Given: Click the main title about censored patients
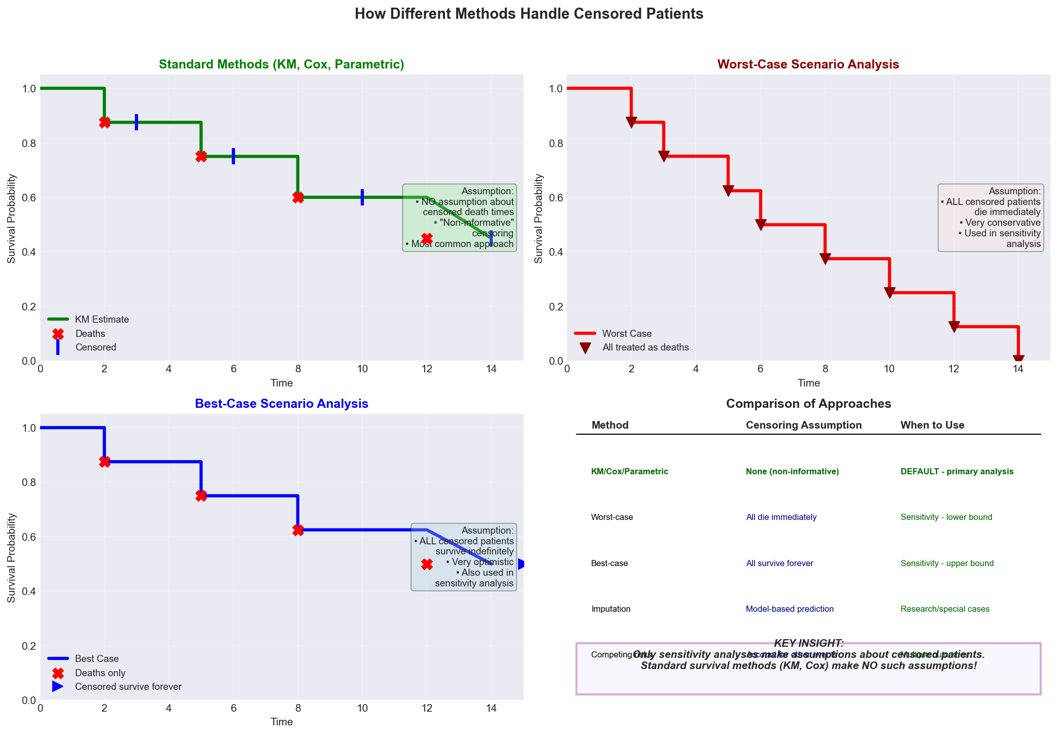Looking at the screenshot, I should (x=529, y=14).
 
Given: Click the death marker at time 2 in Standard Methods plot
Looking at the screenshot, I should (x=105, y=122).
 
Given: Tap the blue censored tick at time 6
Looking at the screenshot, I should (x=233, y=156).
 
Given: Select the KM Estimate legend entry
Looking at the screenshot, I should (x=101, y=320).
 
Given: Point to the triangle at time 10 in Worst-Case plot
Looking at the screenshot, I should (x=890, y=293).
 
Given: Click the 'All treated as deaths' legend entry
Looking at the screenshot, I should (x=645, y=347).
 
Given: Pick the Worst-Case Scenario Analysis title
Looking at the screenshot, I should (x=808, y=64).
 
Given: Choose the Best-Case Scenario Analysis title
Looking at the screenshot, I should (x=282, y=404).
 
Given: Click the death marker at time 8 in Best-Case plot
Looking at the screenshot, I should (x=298, y=530).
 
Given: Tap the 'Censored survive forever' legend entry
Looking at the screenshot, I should (x=128, y=687).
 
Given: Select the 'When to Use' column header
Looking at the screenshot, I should (x=932, y=425).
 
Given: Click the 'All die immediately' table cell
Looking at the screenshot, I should (x=781, y=517).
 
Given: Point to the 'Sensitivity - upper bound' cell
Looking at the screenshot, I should (x=947, y=564).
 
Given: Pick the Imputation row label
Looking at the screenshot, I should (x=611, y=609).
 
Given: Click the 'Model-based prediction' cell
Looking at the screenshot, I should (x=790, y=609).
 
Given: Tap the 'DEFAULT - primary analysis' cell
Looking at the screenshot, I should (x=957, y=472).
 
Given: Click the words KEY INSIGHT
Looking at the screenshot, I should (x=809, y=643).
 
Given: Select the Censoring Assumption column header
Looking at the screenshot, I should (x=804, y=425).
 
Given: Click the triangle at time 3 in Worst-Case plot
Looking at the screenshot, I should (x=664, y=156).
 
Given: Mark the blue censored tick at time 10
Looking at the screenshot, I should (x=362, y=197).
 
